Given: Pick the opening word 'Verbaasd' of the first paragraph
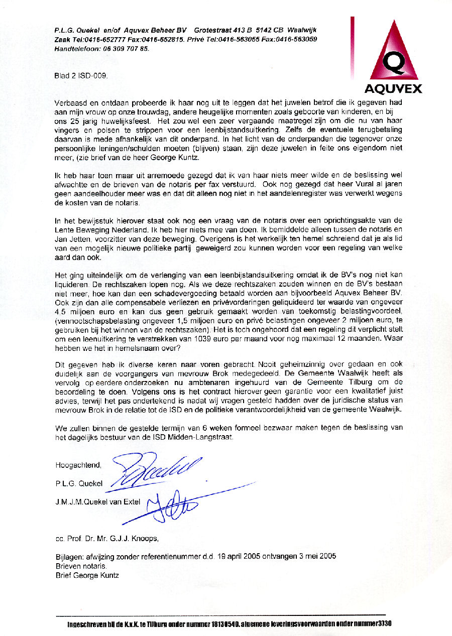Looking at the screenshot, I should pyautogui.click(x=70, y=102).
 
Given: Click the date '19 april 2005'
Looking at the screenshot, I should pyautogui.click(x=238, y=556).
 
